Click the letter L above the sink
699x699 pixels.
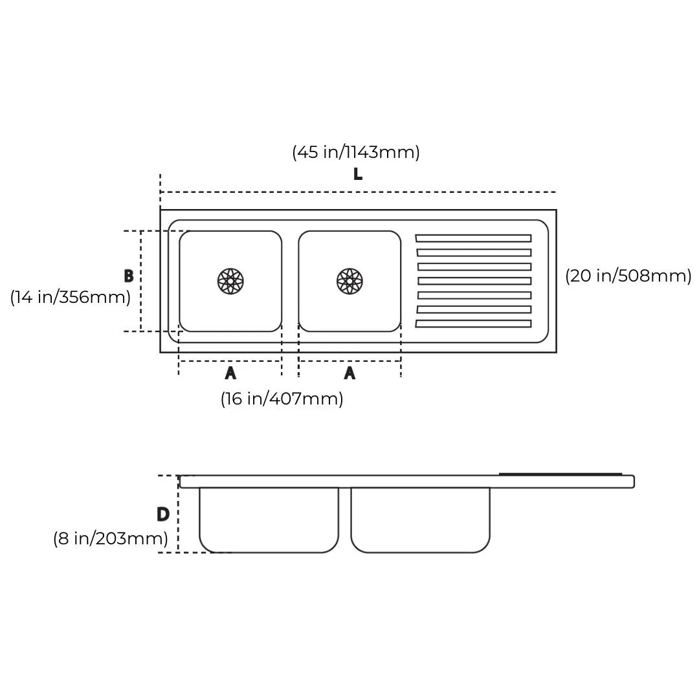pos(357,174)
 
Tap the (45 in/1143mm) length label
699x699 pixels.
pos(356,152)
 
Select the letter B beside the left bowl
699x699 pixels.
pos(129,276)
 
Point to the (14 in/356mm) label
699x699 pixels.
pos(71,297)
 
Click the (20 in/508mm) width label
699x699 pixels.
pos(628,276)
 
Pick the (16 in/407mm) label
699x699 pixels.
pos(282,399)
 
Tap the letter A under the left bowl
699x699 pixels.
pos(230,373)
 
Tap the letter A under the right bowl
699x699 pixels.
pos(349,373)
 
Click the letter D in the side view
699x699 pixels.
pos(163,515)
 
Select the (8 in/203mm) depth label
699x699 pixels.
pos(111,538)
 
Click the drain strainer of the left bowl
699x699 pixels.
pos(230,281)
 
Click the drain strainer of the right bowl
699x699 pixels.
pos(349,281)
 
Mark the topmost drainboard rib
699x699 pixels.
pos(473,238)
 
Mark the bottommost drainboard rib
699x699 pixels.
pos(473,324)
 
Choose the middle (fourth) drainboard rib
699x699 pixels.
pos(474,281)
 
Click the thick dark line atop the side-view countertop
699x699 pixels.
pos(560,474)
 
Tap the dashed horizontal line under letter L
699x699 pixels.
pos(357,192)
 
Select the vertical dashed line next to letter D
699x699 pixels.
pos(178,514)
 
